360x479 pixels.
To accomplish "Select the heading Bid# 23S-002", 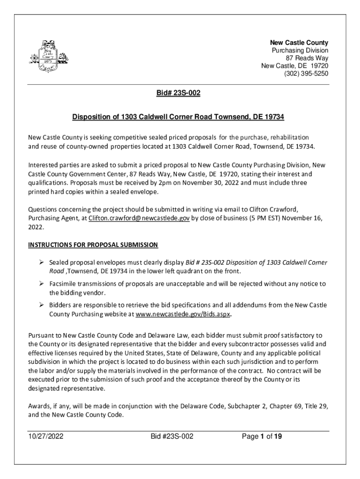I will (x=178, y=94).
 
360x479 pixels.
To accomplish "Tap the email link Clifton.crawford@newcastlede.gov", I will (x=139, y=218).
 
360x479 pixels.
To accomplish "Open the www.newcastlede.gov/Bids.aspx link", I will (x=183, y=315).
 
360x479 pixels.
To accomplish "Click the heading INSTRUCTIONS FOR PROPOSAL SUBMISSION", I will (x=94, y=245).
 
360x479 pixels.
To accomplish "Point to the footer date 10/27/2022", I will (x=45, y=437).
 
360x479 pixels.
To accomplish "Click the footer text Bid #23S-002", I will (x=172, y=437).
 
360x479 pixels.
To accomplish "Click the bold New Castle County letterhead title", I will (x=302, y=42).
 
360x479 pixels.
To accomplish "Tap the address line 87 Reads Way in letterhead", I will (x=308, y=58).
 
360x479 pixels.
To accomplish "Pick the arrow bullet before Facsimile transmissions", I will (x=41, y=283).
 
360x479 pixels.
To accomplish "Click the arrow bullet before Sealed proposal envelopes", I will (x=41, y=262).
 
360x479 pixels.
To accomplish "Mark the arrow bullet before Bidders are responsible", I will (x=41, y=305).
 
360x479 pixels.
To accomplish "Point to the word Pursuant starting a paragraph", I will (x=42, y=336).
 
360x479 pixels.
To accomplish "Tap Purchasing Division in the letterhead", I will (x=300, y=50).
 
